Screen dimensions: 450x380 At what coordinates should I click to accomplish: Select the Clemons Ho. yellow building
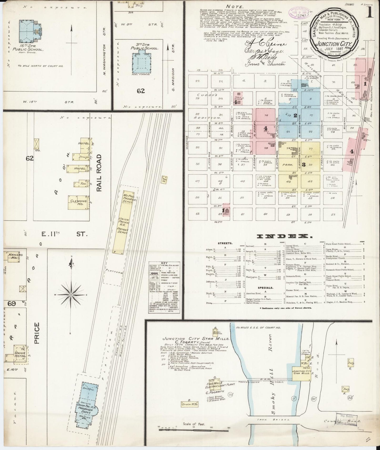[x=77, y=202]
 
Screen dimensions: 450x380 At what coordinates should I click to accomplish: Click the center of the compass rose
[x=71, y=295]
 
